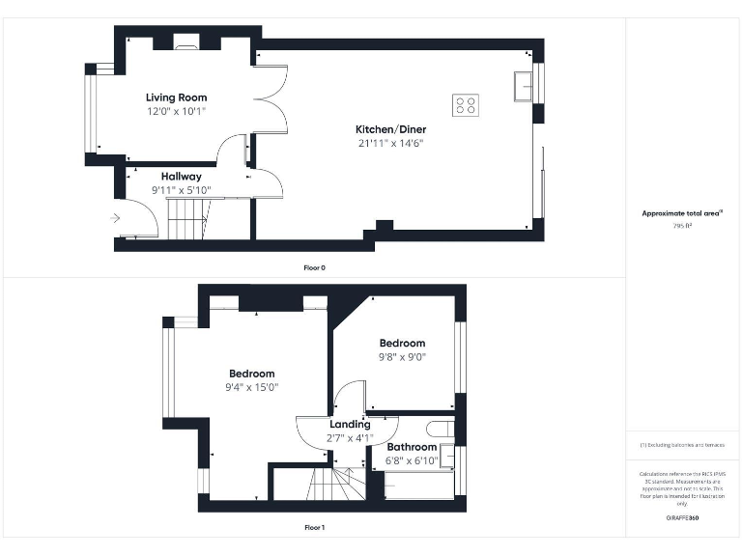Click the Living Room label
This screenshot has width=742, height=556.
[176, 97]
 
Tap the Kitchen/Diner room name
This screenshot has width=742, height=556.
[390, 129]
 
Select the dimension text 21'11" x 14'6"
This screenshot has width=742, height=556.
[390, 143]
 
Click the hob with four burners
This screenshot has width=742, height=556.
[465, 104]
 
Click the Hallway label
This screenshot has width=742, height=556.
[181, 177]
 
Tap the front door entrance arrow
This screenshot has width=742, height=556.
[116, 219]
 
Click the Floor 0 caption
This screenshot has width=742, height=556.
[314, 267]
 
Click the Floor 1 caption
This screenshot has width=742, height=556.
[314, 528]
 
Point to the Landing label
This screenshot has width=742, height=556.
[350, 424]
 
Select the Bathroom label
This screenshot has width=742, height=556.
[412, 448]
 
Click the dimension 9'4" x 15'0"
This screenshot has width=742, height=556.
[251, 387]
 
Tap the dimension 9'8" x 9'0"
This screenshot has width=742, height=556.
[402, 356]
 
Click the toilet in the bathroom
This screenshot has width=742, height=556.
[441, 430]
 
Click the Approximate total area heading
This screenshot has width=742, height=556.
[683, 213]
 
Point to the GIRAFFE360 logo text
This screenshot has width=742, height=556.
[682, 518]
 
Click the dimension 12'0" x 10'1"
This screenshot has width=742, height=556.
[176, 111]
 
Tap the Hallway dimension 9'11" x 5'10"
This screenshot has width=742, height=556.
[181, 190]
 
